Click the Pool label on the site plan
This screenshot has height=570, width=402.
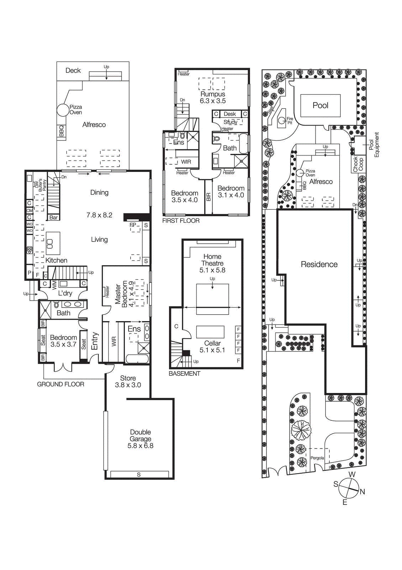(320, 105)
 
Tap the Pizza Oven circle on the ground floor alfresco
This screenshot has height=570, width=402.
(63, 110)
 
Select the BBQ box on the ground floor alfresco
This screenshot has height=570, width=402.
(61, 131)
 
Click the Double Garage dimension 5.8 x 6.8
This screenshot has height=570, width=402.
(141, 446)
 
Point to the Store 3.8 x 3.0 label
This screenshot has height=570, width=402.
(128, 382)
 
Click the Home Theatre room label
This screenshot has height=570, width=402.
(212, 260)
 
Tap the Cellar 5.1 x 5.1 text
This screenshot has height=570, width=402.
(212, 347)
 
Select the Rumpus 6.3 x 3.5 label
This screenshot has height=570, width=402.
(213, 97)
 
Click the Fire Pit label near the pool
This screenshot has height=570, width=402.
(290, 121)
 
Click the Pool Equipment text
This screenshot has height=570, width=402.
(374, 145)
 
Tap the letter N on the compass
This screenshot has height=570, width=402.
(362, 492)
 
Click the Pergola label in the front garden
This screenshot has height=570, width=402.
(317, 458)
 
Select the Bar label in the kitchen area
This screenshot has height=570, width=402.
(53, 217)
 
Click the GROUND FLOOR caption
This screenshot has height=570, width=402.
(60, 384)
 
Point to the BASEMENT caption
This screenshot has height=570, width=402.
(184, 373)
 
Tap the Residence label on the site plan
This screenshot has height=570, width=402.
(319, 264)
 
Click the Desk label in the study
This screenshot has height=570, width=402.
(230, 114)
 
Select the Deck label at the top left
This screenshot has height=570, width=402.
(73, 71)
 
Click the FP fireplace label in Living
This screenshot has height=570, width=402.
(133, 225)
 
